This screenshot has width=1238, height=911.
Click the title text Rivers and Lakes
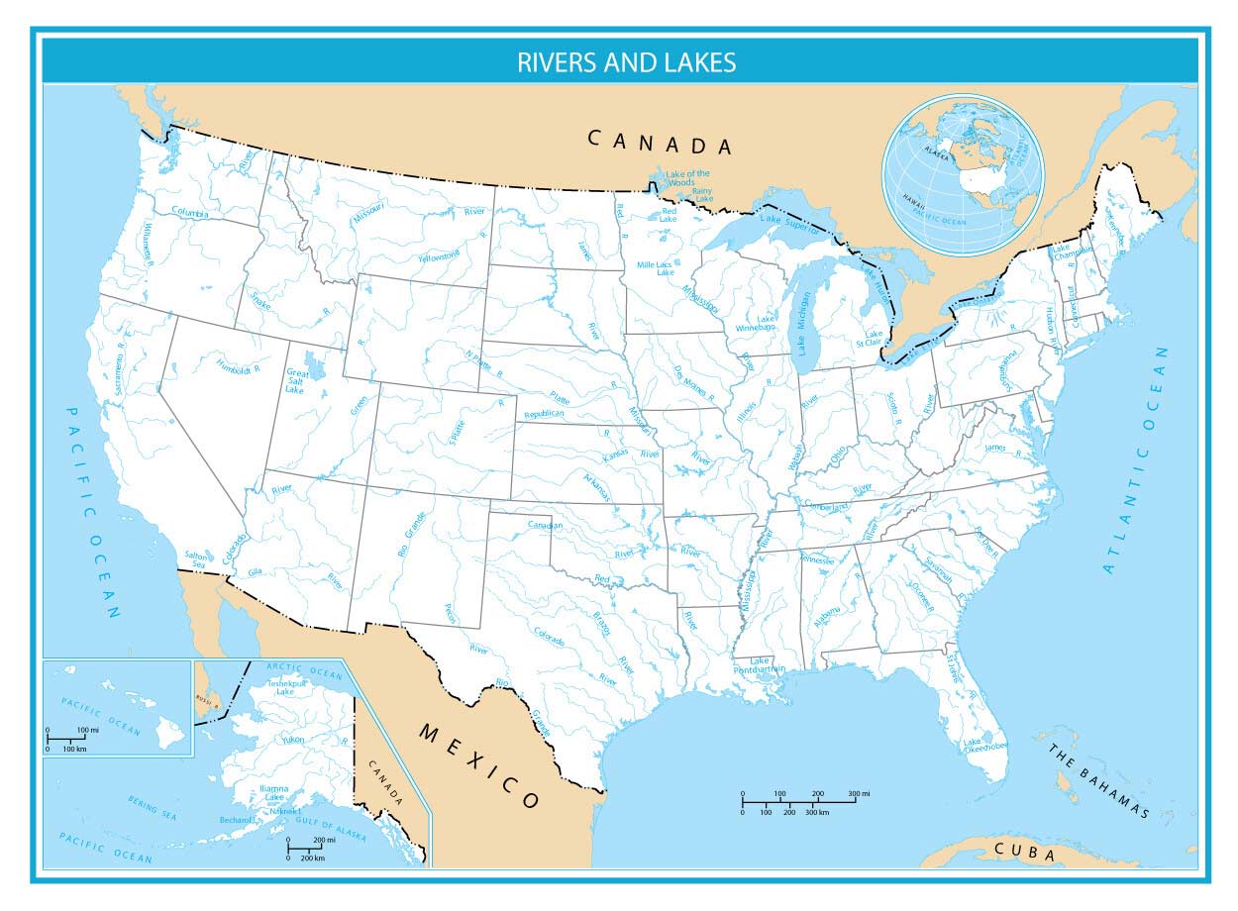click(626, 62)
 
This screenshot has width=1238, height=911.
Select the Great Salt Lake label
click(297, 381)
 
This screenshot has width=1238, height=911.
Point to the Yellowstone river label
click(439, 255)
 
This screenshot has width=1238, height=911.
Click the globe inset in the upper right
click(964, 174)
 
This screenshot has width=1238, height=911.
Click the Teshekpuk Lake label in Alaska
click(285, 686)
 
